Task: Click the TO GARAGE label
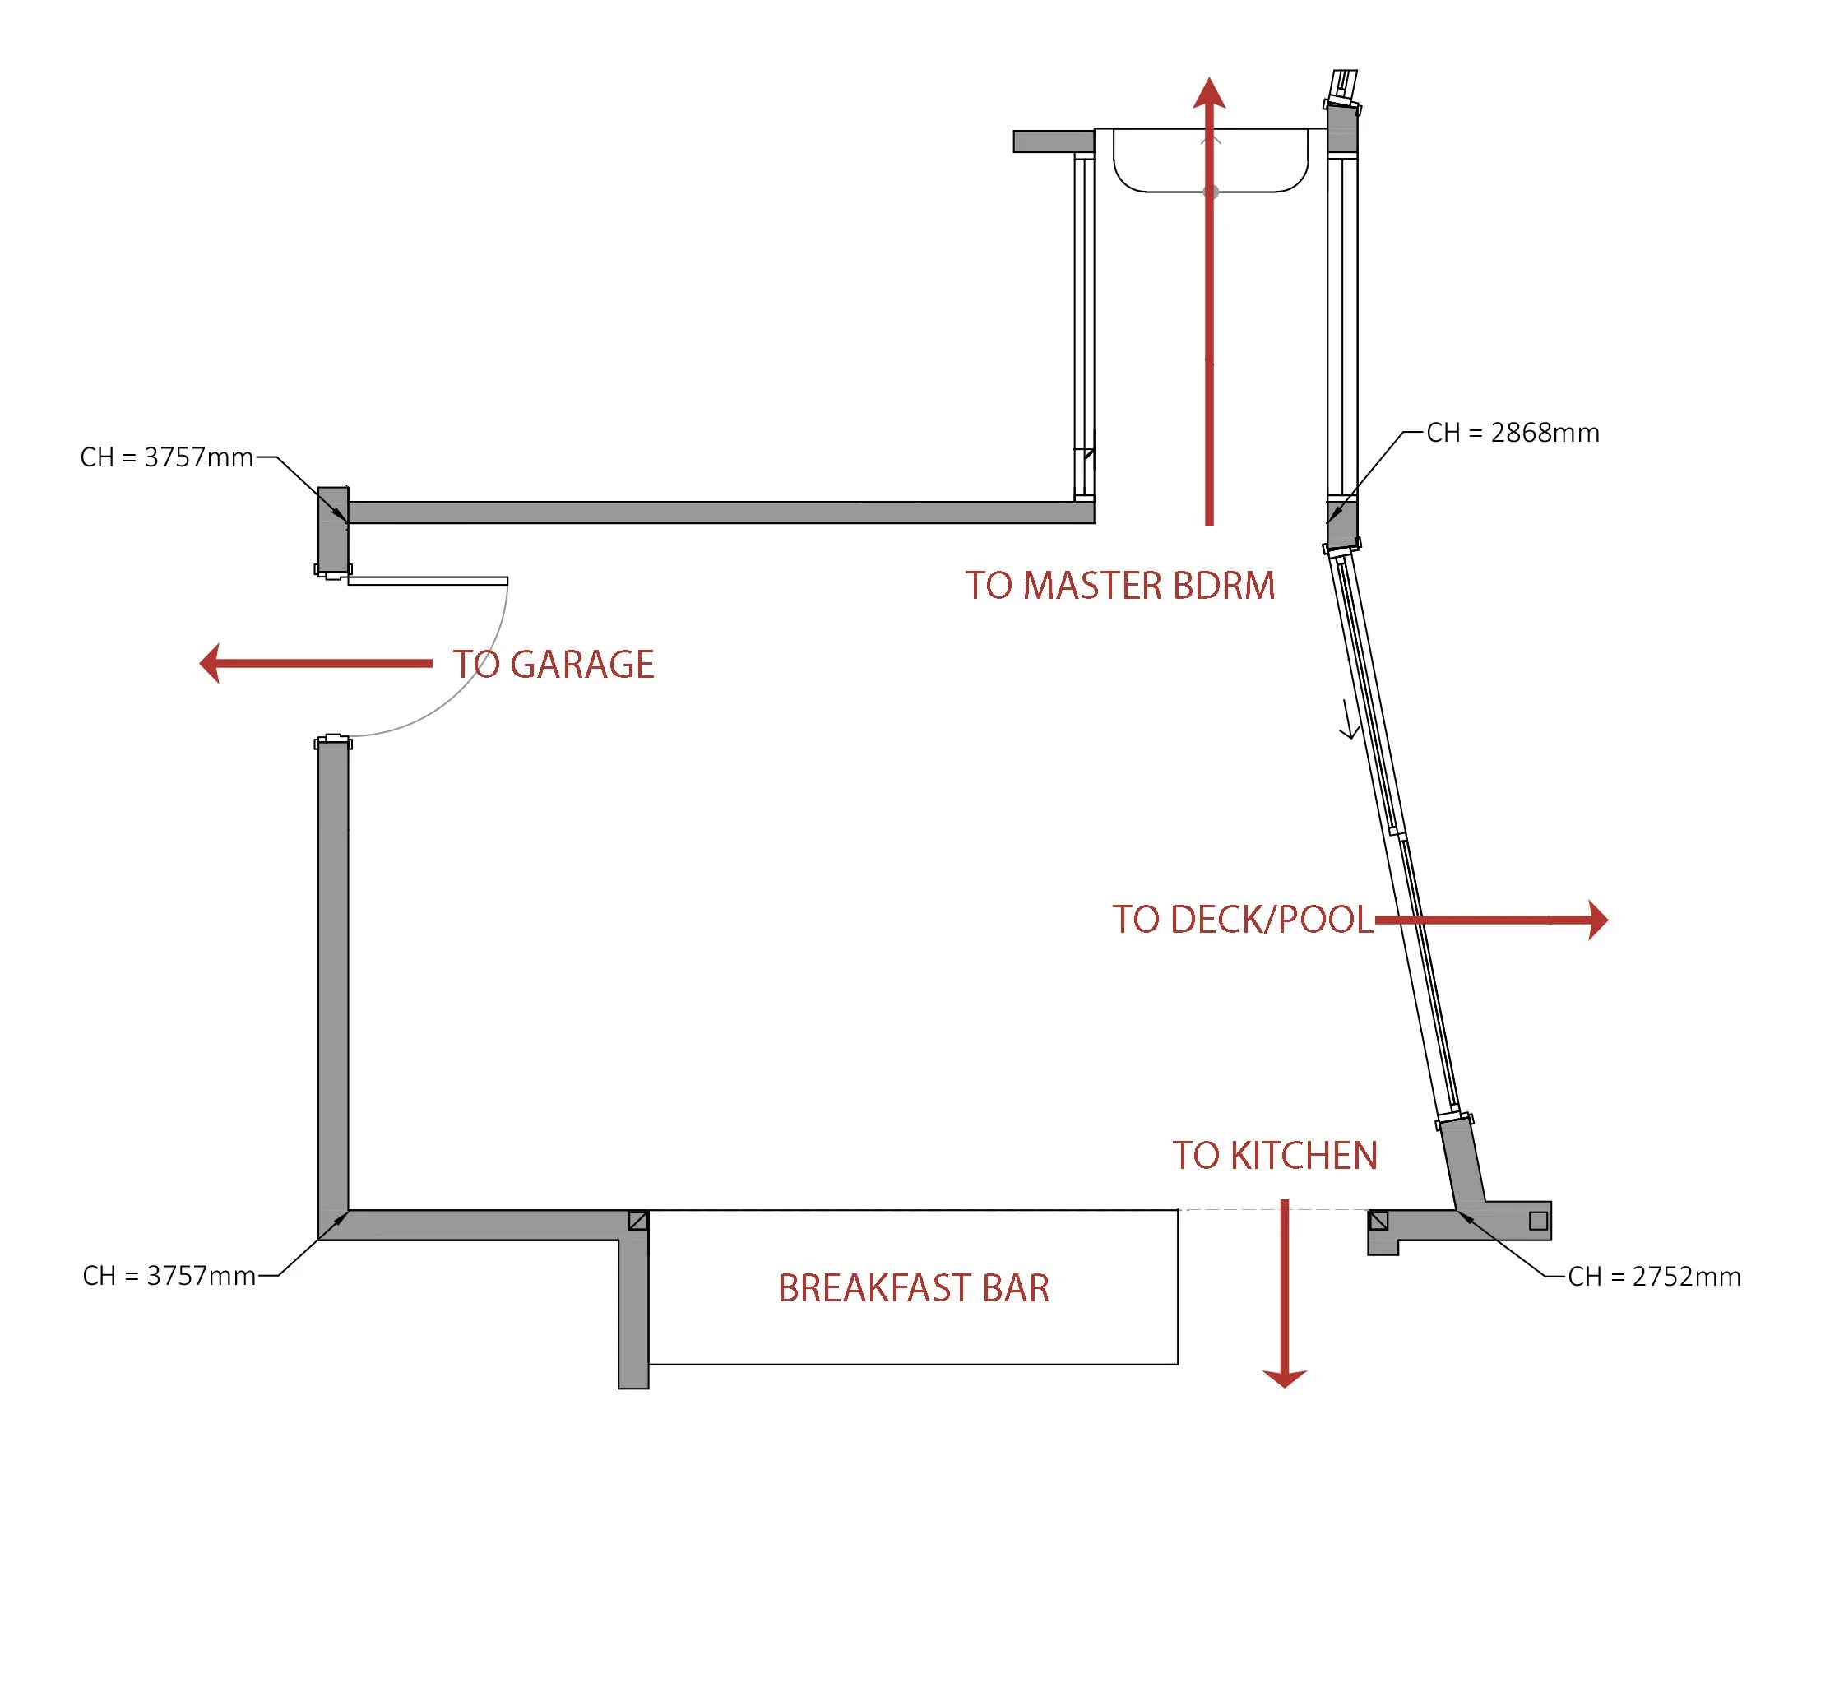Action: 553,664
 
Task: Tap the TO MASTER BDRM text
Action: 1119,585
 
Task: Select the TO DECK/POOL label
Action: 1241,919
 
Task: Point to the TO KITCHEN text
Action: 1275,1155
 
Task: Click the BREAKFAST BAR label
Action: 913,1287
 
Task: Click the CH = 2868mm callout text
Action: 1513,433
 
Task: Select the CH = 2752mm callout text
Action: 1654,1277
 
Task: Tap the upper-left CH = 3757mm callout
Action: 166,457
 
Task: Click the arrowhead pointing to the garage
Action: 211,663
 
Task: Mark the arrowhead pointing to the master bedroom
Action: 1209,94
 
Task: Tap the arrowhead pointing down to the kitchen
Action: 1284,1378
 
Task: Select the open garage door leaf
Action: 427,581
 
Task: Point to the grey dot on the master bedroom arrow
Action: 1212,191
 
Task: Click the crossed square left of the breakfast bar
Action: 638,1221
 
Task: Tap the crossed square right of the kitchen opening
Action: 1378,1221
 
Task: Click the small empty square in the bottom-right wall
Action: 1538,1221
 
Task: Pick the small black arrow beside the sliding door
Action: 1349,719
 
